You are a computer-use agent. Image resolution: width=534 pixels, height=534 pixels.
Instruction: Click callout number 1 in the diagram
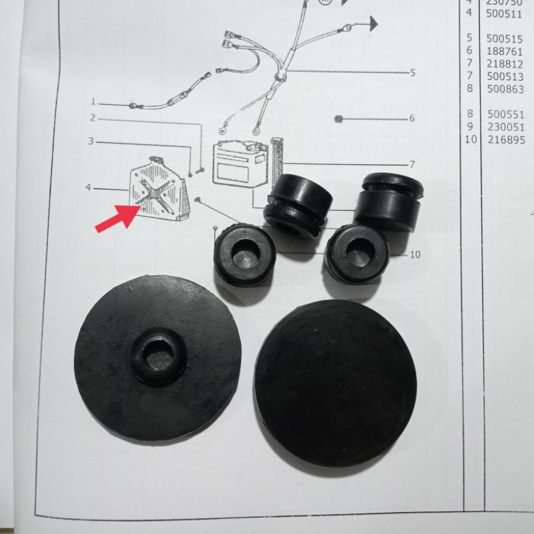[93, 103]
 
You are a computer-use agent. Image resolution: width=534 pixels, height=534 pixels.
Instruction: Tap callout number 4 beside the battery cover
[88, 188]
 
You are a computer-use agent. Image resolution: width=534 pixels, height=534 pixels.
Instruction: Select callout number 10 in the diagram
[415, 254]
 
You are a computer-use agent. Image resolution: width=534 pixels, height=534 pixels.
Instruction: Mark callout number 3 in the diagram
[91, 142]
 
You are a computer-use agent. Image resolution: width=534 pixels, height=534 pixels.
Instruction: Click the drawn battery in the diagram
[240, 164]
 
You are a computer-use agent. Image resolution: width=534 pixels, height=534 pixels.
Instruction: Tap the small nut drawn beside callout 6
[339, 119]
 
